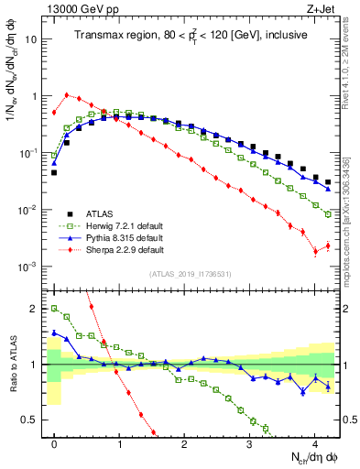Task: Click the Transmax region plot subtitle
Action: (x=191, y=36)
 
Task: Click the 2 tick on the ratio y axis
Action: (x=35, y=309)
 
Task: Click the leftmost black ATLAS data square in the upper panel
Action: (x=54, y=172)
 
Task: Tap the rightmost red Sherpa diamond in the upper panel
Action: (x=328, y=245)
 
